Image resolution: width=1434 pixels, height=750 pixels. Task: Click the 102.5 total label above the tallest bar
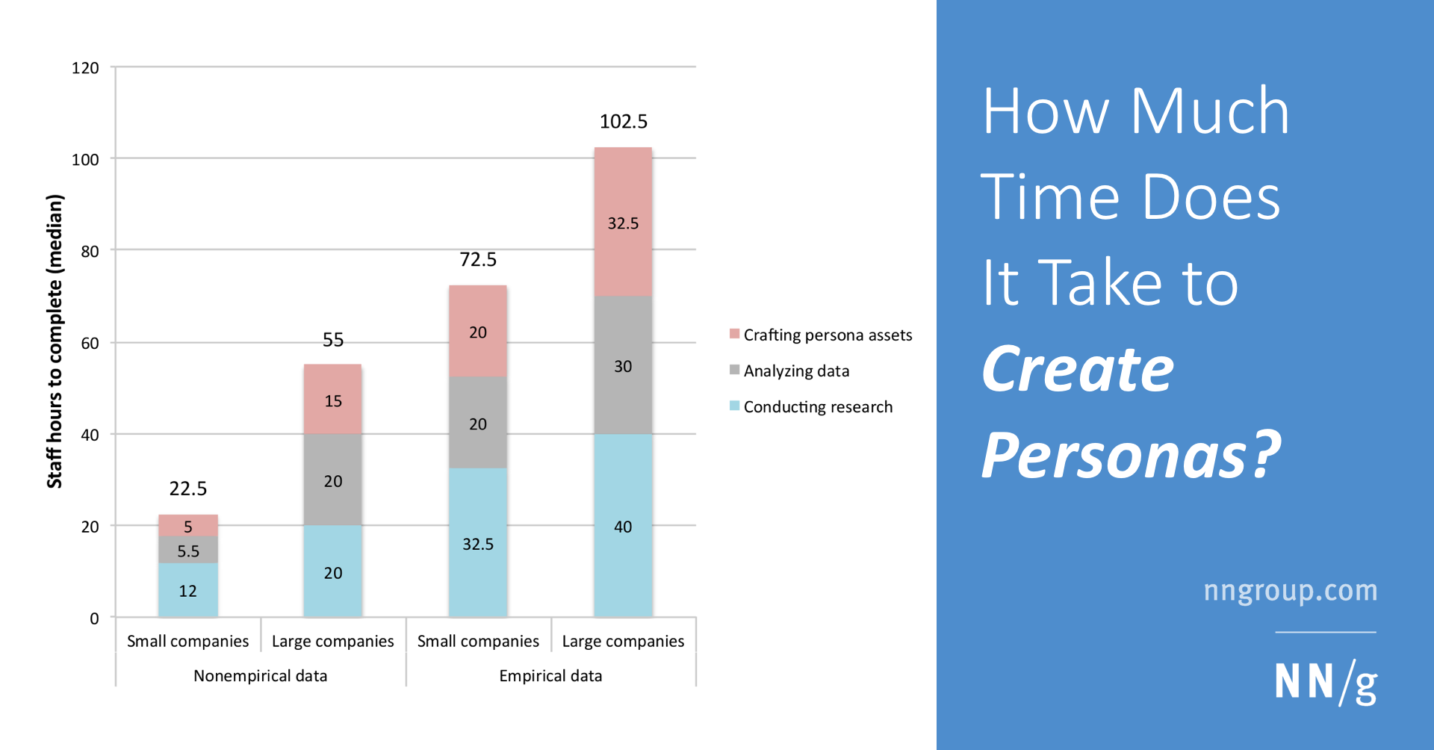tap(623, 121)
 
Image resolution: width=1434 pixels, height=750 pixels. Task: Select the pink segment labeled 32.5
tap(623, 223)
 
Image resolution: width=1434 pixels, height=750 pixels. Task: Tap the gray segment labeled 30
tap(623, 365)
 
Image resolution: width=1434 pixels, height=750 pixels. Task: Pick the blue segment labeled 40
tap(623, 526)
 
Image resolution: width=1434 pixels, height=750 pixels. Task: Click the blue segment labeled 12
tap(187, 590)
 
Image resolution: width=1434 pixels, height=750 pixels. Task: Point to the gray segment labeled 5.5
tap(187, 551)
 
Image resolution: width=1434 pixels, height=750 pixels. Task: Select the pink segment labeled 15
tap(332, 400)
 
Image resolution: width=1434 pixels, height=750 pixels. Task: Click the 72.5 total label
tap(478, 259)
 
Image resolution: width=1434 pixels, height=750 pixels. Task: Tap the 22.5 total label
tap(187, 489)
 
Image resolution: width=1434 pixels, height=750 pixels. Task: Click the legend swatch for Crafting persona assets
tap(734, 334)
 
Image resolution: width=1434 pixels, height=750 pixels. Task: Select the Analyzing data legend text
tap(796, 371)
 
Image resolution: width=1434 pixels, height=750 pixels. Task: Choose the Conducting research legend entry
tap(818, 406)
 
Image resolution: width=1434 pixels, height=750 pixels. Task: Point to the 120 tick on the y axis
tap(85, 68)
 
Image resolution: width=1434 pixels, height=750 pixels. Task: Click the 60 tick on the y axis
tap(90, 343)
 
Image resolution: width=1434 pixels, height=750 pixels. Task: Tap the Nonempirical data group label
tap(260, 675)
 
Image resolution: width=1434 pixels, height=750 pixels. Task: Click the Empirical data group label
tap(550, 675)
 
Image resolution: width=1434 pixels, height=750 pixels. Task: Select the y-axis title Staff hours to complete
tap(55, 341)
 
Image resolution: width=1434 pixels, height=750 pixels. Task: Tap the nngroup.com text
tap(1290, 590)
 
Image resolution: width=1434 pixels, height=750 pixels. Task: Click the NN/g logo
tap(1325, 681)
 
